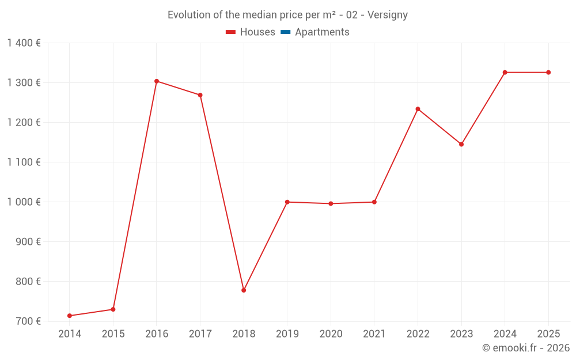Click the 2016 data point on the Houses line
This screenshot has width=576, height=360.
coord(157,81)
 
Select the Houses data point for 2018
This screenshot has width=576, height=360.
coord(244,290)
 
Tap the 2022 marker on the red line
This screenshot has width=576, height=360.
coord(418,109)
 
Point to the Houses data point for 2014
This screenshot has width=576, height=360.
coord(70,316)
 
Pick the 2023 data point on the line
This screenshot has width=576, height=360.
coord(461,144)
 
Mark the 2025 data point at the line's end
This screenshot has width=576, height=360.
coord(548,73)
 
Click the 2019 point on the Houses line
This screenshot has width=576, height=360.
coord(287,202)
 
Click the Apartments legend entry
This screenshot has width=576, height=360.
coord(322,32)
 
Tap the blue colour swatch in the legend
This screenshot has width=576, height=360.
coord(285,32)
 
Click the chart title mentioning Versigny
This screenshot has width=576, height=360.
coord(287,15)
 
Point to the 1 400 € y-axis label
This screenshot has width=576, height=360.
coord(24,43)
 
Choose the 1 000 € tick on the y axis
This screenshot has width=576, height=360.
coord(24,202)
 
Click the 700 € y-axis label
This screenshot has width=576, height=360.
coord(28,321)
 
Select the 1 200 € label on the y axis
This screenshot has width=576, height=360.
coord(24,123)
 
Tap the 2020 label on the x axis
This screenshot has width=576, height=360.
coord(331,334)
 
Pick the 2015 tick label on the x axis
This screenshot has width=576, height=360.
coord(113,334)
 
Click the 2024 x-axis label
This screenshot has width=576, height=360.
coord(505,334)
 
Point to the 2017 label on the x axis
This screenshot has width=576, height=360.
coord(200,334)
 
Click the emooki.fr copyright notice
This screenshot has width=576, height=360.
coord(525,348)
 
